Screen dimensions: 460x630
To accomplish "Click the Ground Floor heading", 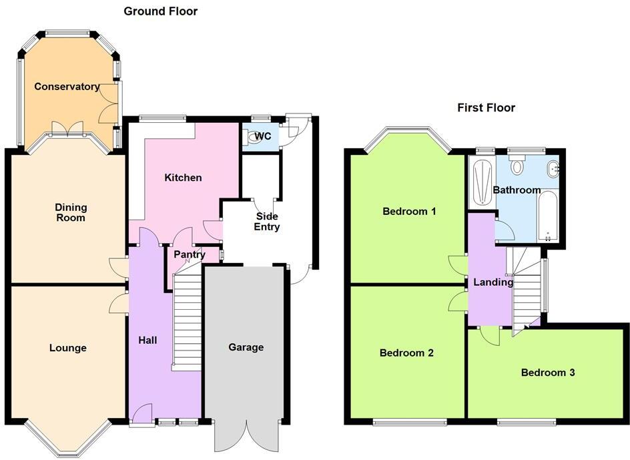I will click(x=160, y=11).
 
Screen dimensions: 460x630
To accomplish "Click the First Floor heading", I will click(x=486, y=107).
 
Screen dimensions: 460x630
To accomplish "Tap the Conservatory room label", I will click(x=67, y=87).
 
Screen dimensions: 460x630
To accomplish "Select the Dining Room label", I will click(x=70, y=212).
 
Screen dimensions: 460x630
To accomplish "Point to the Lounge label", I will click(x=67, y=348).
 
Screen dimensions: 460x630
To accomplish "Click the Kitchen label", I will click(x=183, y=178).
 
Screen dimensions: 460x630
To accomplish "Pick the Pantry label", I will click(x=189, y=254).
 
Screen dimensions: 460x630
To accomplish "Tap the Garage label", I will click(x=246, y=347).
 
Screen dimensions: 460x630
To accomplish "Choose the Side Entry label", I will click(x=266, y=222).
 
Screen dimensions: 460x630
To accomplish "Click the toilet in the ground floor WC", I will click(x=252, y=138).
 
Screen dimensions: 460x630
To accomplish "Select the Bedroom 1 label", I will click(x=409, y=212).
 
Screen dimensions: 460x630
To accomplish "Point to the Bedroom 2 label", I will click(x=406, y=353).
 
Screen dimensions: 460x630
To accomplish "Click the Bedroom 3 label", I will click(x=548, y=373).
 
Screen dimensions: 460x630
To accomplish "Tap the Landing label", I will click(x=493, y=282).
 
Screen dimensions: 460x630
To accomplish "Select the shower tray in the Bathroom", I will click(x=481, y=182).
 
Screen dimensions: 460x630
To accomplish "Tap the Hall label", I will click(x=147, y=340).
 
